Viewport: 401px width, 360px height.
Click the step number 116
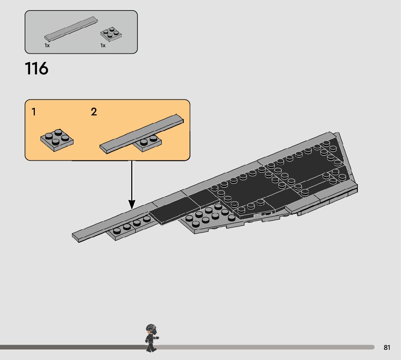(36, 69)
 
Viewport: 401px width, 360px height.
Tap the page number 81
(387, 348)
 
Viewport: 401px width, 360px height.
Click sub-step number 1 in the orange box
(34, 112)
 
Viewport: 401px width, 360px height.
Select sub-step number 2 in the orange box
(94, 112)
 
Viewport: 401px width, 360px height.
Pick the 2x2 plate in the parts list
(111, 34)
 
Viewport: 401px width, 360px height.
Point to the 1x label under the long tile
(47, 46)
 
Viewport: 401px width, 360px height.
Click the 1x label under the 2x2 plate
(103, 46)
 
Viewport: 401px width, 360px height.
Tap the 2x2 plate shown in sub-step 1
(57, 140)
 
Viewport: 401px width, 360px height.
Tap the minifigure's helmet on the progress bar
(151, 329)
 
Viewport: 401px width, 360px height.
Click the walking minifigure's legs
(150, 346)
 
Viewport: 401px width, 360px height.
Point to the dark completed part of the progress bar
(73, 347)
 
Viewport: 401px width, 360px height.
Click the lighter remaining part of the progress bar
(265, 347)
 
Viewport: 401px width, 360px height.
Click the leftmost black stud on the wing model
(117, 230)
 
